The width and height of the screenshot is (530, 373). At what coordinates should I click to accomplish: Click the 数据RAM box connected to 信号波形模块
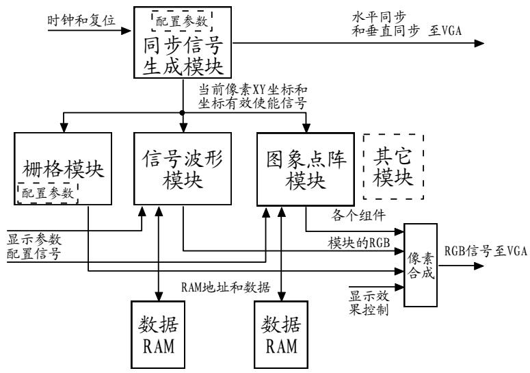coord(159,334)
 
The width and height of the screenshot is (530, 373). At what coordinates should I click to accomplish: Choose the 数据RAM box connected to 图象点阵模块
coord(280,334)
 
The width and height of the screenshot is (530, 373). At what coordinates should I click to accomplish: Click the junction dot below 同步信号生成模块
coord(183,112)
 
